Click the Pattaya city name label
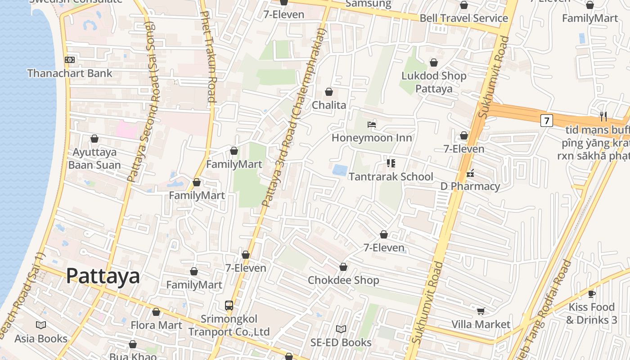click(x=103, y=276)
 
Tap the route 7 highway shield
click(x=546, y=121)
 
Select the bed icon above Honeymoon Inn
click(x=372, y=124)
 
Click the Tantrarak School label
click(x=391, y=177)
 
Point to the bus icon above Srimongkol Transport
click(x=229, y=306)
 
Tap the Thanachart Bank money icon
click(x=70, y=60)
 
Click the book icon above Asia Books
click(x=41, y=325)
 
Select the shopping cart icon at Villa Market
click(x=481, y=311)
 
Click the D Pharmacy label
click(x=470, y=186)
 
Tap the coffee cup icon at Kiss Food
click(x=591, y=294)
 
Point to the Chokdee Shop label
click(x=343, y=280)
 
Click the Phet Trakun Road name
click(x=208, y=56)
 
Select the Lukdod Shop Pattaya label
click(x=434, y=82)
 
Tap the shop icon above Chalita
click(x=329, y=92)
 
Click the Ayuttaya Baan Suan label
click(x=94, y=158)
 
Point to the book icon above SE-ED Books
click(x=341, y=329)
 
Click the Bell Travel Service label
click(x=463, y=18)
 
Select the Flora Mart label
click(x=156, y=325)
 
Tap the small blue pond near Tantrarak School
click(x=340, y=170)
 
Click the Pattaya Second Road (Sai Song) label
click(x=143, y=101)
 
